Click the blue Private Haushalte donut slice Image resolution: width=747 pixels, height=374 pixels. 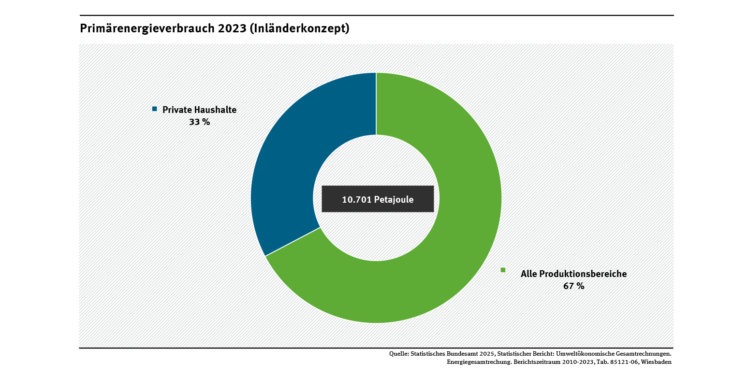[x=290, y=159]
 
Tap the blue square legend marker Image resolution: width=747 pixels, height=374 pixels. [x=155, y=109]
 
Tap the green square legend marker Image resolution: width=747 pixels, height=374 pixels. [x=503, y=270]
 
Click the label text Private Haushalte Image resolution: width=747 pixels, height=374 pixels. [x=199, y=110]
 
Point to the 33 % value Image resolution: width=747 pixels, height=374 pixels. [x=199, y=122]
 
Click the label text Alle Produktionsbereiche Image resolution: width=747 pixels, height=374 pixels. [x=573, y=274]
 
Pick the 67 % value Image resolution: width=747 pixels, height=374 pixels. [x=573, y=286]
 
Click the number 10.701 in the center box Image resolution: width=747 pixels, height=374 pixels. [x=356, y=199]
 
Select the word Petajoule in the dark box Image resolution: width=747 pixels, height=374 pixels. [x=394, y=199]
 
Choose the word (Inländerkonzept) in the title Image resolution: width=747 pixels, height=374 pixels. [x=300, y=29]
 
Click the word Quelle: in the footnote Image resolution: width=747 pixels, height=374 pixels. [x=399, y=354]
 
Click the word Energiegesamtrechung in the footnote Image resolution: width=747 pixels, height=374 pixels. [x=477, y=361]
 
